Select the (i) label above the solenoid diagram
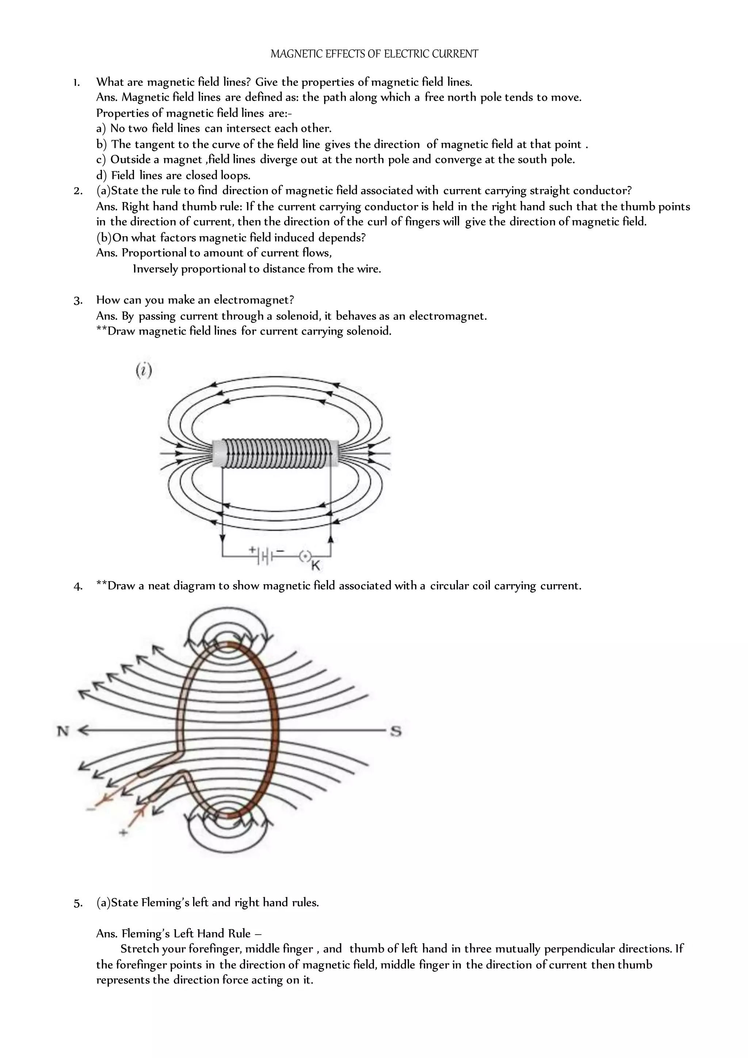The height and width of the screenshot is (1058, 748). click(x=144, y=370)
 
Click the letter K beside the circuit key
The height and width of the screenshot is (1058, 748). click(x=316, y=565)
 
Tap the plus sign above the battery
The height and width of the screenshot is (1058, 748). click(x=252, y=549)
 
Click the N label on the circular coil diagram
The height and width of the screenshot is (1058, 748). click(x=63, y=731)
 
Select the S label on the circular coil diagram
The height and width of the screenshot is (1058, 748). click(x=395, y=731)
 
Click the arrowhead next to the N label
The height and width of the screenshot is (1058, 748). click(x=83, y=730)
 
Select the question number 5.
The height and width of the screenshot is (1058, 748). click(x=78, y=903)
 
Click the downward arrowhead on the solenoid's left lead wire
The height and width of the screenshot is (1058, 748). click(x=222, y=538)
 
